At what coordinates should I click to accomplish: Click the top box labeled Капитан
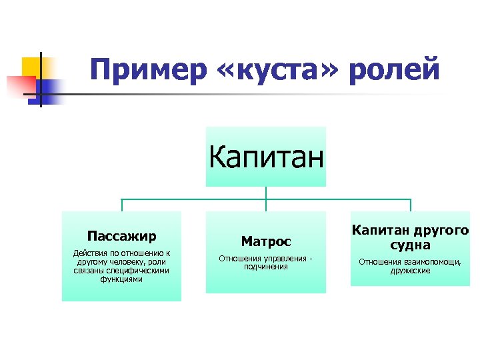click(x=265, y=157)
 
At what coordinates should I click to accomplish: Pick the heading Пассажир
click(x=121, y=236)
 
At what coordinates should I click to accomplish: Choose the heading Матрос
click(x=265, y=241)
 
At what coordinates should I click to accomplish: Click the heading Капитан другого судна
click(x=410, y=237)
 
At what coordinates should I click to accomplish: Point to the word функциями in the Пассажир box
click(x=121, y=279)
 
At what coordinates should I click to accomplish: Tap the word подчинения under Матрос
click(x=265, y=267)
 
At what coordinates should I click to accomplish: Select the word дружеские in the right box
click(x=410, y=271)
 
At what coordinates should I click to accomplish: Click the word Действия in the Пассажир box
click(x=89, y=253)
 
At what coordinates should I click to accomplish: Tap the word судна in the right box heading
click(x=410, y=245)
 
